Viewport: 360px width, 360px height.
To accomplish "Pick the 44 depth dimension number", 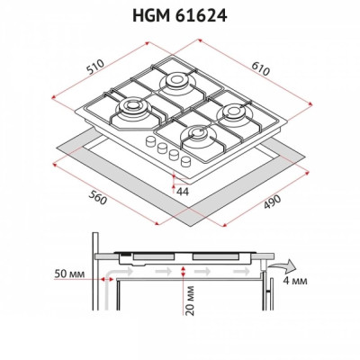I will point(182,192).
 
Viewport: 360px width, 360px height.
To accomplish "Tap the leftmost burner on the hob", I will point(131,111).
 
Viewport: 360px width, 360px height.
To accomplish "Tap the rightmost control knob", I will point(186,163).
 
